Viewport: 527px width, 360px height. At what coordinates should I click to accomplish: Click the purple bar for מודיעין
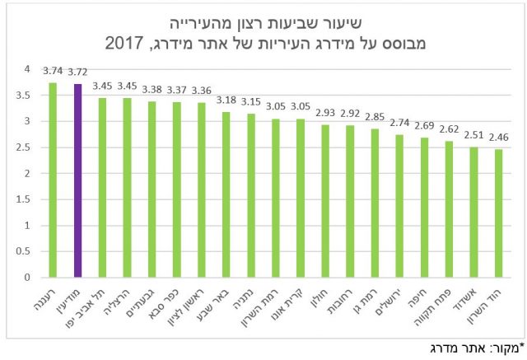tap(77, 180)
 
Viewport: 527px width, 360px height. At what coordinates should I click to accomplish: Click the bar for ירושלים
tap(399, 206)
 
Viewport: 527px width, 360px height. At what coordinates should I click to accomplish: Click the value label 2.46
tap(500, 138)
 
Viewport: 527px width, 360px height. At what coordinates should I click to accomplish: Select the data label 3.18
tap(226, 101)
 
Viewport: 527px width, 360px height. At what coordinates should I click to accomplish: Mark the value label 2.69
tap(425, 126)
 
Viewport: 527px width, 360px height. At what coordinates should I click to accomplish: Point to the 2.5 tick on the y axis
tap(31, 147)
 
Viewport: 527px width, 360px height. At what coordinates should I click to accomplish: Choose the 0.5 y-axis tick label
tap(31, 251)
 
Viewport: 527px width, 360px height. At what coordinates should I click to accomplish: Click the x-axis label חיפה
tap(419, 297)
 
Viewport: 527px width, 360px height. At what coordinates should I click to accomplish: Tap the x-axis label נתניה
tap(245, 298)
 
